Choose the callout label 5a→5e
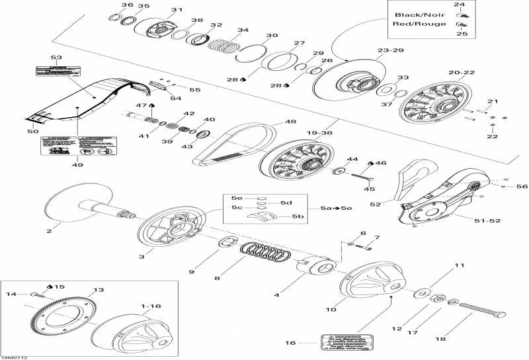click(x=336, y=208)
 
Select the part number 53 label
click(x=54, y=58)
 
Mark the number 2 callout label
click(x=48, y=231)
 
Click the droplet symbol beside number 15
click(x=49, y=287)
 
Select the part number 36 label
click(x=127, y=5)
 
